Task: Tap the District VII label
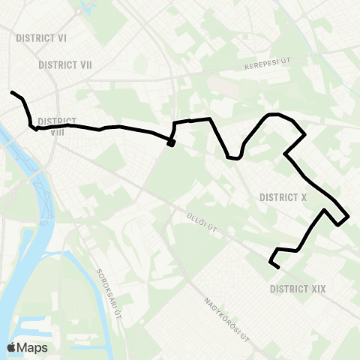click(65, 65)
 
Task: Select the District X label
click(283, 197)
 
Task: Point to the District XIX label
click(297, 287)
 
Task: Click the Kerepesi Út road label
click(267, 67)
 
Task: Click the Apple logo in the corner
click(11, 347)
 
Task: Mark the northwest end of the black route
click(12, 92)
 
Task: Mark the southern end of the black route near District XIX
click(277, 267)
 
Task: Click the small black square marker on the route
click(171, 144)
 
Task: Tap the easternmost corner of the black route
click(349, 217)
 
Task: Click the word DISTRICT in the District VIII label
click(57, 121)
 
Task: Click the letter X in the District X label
click(304, 197)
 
